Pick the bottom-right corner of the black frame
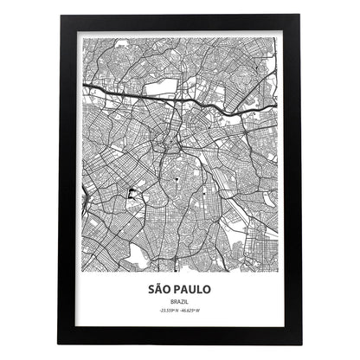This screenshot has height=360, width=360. tap(301, 344)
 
